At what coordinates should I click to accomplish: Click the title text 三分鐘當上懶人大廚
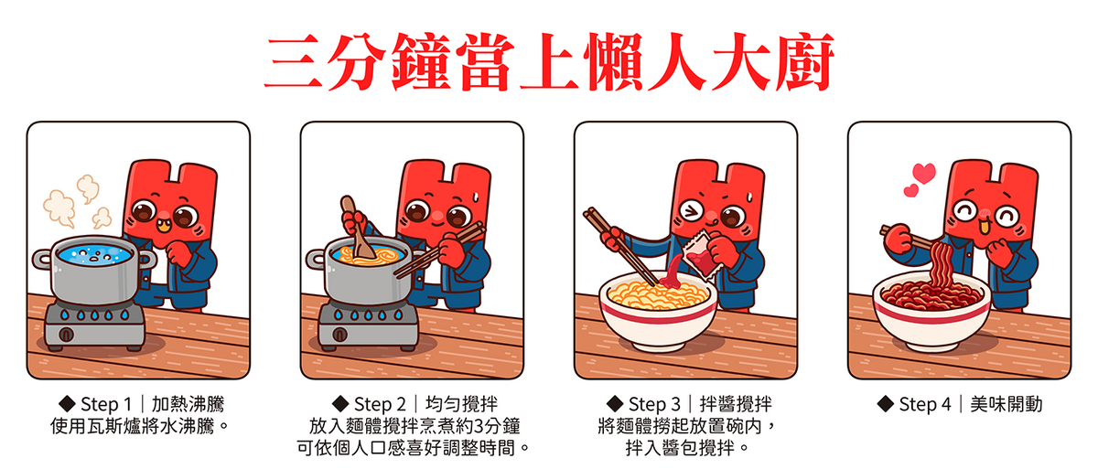click(x=549, y=62)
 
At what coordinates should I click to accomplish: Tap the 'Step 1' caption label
click(x=106, y=404)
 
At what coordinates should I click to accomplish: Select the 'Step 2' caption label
click(x=380, y=404)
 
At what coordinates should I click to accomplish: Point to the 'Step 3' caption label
click(x=654, y=404)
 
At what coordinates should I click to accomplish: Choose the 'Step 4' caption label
click(x=925, y=404)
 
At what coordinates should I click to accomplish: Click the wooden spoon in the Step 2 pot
click(x=357, y=227)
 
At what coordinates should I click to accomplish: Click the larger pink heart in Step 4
click(x=924, y=174)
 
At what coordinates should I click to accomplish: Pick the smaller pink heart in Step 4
click(x=910, y=190)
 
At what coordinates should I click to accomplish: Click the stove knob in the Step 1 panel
click(x=66, y=335)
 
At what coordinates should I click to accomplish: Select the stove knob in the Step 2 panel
click(x=339, y=335)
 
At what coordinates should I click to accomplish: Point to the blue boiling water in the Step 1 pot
click(x=93, y=254)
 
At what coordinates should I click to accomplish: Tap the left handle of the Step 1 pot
click(x=42, y=260)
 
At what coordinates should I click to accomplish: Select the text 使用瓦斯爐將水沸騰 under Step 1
click(x=133, y=426)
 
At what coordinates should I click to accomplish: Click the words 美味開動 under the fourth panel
click(x=1006, y=404)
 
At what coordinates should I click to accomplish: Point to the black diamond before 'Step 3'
click(x=615, y=404)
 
